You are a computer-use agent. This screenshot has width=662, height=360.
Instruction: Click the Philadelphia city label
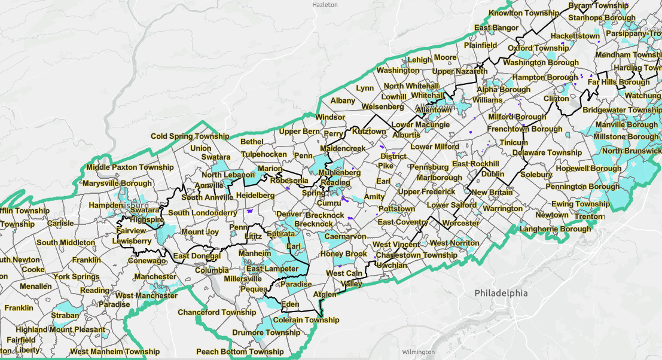tap(501, 293)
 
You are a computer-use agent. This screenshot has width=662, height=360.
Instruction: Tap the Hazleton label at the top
tap(326, 4)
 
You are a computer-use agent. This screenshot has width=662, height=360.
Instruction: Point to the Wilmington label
tap(418, 352)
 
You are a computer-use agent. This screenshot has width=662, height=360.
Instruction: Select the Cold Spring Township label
tap(190, 136)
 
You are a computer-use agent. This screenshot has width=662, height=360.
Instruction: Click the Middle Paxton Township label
tap(130, 167)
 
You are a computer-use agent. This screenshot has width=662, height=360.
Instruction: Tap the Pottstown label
tap(396, 209)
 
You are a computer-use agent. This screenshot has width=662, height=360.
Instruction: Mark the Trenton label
tap(590, 216)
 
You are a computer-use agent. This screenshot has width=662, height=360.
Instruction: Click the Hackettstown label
tap(575, 36)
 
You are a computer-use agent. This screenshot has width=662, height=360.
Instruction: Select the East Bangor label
tap(496, 28)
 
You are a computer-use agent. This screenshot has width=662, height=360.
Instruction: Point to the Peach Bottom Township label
tap(240, 352)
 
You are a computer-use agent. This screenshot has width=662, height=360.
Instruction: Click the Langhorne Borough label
tap(556, 229)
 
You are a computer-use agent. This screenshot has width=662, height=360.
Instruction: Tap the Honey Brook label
tap(343, 254)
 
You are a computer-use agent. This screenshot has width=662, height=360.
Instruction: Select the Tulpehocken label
tap(263, 154)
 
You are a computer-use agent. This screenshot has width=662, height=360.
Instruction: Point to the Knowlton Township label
tap(524, 13)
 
